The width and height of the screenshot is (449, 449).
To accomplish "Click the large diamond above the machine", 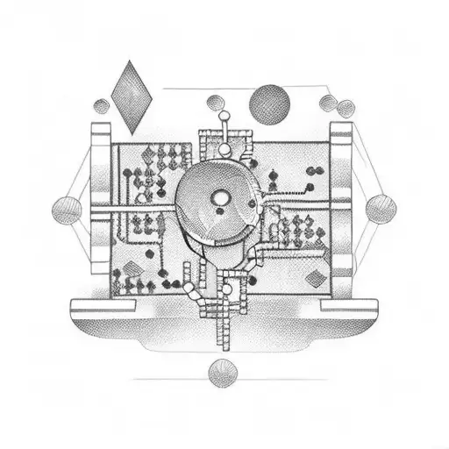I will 133,96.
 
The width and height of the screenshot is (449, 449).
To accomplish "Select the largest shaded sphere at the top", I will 269,104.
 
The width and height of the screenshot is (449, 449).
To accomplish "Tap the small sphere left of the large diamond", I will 102,107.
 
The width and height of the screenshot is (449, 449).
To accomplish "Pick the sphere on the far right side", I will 381,209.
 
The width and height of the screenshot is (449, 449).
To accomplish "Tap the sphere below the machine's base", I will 222,374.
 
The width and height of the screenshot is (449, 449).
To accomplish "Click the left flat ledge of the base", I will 103,306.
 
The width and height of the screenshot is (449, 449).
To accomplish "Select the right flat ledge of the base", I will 348,306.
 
